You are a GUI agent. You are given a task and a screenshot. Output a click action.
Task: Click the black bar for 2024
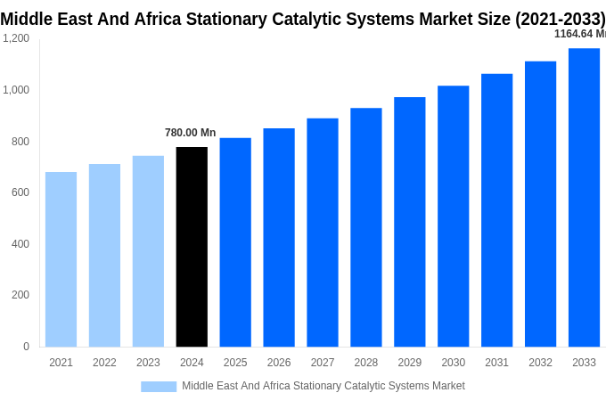[x=192, y=247]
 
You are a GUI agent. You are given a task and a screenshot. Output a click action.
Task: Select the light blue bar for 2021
[x=61, y=259]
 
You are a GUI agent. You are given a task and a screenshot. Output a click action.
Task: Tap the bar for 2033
[x=584, y=198]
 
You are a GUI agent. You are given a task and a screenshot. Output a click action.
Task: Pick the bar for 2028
[x=365, y=227]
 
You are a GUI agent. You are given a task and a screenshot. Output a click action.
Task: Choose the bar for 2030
[x=453, y=217]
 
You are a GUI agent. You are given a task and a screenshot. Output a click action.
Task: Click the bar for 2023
[x=148, y=251]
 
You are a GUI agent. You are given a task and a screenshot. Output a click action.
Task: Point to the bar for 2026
[x=279, y=238]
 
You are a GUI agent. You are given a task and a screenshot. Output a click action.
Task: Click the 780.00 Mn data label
[x=190, y=133]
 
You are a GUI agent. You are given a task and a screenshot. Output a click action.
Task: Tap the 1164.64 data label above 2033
[x=579, y=34]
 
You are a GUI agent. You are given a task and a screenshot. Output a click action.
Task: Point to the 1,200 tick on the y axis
[x=16, y=38]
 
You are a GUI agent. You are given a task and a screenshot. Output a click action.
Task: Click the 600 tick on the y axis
[x=20, y=192]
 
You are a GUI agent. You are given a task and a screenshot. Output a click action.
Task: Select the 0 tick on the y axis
[x=26, y=347]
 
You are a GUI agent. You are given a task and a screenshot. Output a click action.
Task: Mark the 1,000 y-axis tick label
[x=16, y=90]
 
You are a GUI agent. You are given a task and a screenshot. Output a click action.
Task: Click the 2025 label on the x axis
[x=235, y=363]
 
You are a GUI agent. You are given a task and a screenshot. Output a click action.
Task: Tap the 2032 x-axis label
[x=540, y=363]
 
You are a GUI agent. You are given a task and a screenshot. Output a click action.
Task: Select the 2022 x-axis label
[x=104, y=363]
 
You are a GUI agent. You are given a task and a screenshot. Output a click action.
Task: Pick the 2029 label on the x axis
[x=409, y=363]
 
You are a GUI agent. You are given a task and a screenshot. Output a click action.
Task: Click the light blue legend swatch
[x=159, y=386]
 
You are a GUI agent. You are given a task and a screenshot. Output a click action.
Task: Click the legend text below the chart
[x=323, y=386]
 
